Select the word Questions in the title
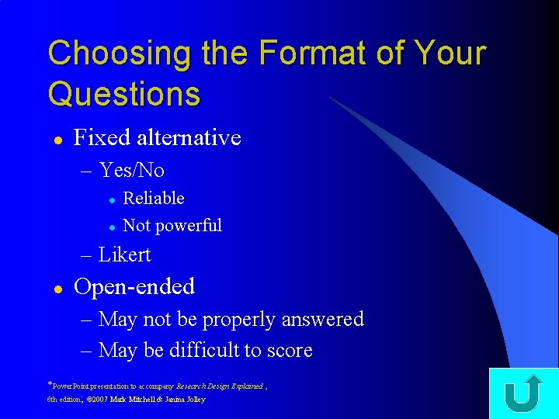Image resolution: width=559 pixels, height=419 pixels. (123, 95)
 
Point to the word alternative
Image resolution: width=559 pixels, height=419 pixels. (189, 138)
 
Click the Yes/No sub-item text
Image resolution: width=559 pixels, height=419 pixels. (131, 170)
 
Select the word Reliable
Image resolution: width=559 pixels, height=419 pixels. (154, 199)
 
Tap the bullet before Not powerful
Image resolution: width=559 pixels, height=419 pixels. (112, 227)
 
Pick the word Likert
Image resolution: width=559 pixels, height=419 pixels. (124, 255)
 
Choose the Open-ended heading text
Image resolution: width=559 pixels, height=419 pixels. (134, 287)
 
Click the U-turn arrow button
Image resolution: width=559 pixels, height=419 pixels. (523, 393)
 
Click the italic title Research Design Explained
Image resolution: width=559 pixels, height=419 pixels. (219, 386)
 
